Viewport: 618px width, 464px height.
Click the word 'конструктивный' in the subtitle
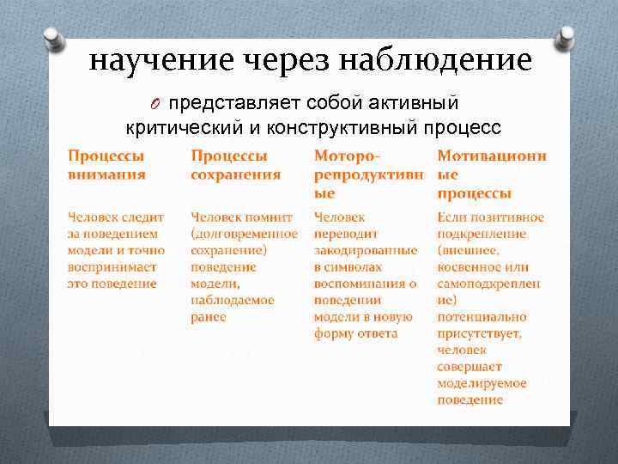click(x=353, y=128)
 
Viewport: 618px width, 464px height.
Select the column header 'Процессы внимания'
click(x=106, y=165)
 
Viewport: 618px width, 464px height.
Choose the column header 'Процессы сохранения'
click(x=235, y=165)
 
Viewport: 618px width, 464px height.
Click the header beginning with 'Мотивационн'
click(x=491, y=174)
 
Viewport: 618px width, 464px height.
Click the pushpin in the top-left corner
click(x=52, y=39)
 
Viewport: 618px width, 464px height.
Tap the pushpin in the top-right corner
click(x=566, y=38)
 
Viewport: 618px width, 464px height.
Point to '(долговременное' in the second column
click(x=244, y=234)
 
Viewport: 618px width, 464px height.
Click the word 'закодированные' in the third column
click(x=366, y=250)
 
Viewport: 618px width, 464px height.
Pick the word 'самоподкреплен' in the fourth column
click(x=488, y=284)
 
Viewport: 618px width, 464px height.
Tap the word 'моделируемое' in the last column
click(x=482, y=383)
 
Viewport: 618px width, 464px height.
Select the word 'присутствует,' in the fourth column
click(x=479, y=333)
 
